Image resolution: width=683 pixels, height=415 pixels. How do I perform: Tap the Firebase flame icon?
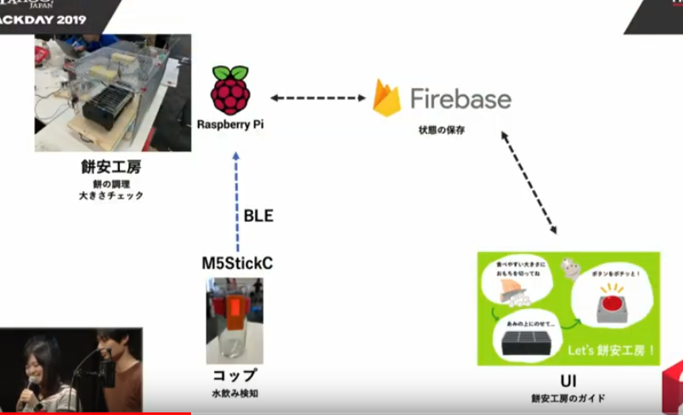click(x=387, y=98)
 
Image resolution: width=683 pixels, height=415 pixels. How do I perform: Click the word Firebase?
click(x=460, y=98)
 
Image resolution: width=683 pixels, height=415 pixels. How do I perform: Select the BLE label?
click(x=258, y=216)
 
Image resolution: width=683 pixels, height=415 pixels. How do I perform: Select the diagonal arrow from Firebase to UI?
click(x=529, y=182)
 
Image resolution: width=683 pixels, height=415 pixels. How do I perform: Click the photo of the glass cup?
click(x=234, y=320)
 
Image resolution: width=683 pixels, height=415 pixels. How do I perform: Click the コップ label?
click(x=234, y=376)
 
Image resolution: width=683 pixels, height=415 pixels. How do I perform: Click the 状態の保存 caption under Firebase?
click(x=442, y=131)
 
